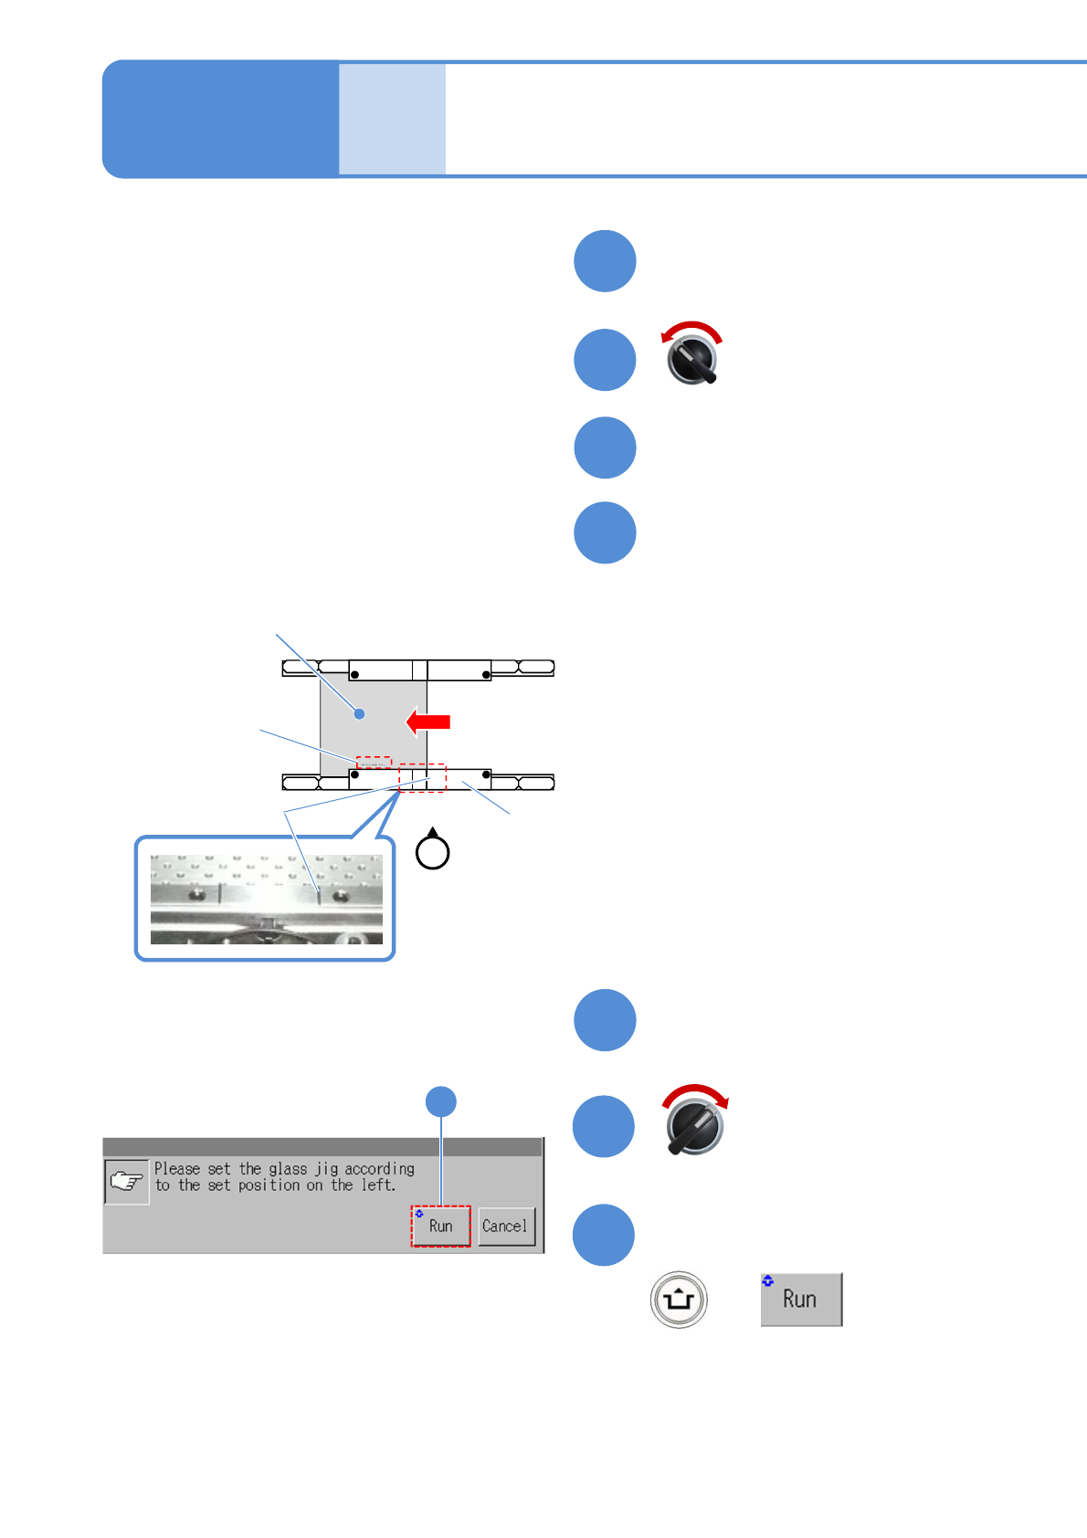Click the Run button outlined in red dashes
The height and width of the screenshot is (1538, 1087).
440,1226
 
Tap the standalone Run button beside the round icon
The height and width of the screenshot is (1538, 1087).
801,1299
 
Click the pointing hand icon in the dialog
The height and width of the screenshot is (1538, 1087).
126,1181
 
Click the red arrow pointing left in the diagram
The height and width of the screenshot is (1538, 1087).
428,722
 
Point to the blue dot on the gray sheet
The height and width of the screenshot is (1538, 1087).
360,713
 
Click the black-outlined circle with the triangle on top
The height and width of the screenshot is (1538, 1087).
432,851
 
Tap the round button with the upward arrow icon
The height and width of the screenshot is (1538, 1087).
679,1299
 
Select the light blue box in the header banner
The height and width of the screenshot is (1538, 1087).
392,119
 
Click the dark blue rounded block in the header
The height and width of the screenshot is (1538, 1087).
220,119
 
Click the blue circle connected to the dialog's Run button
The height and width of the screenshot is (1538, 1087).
441,1101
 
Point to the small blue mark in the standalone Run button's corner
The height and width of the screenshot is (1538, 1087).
767,1281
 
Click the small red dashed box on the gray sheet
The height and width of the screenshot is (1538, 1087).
374,763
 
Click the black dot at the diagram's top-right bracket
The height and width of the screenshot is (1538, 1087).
486,675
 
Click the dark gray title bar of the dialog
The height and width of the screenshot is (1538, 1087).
322,1147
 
